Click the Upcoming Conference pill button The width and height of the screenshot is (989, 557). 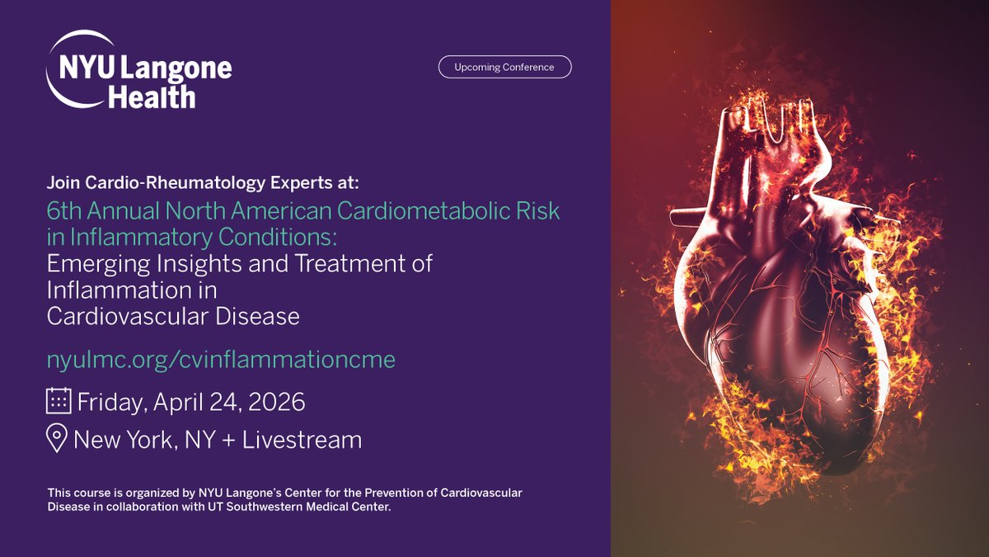click(504, 67)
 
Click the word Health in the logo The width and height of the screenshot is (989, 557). click(152, 97)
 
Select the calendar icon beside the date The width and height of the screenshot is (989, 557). click(58, 402)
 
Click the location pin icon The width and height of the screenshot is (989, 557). click(57, 439)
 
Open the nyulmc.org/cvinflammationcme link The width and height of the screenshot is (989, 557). click(221, 360)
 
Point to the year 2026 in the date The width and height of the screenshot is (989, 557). click(278, 402)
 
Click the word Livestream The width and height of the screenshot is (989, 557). click(302, 440)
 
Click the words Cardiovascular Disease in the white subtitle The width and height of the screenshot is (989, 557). click(173, 316)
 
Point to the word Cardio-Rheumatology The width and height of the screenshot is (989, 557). click(152, 182)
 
